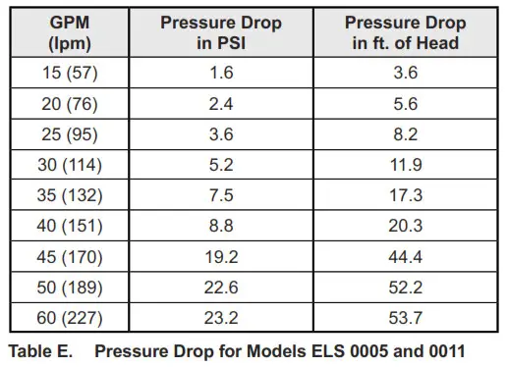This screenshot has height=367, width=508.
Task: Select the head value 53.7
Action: [400, 318]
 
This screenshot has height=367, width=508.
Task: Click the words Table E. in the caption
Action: [40, 349]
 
